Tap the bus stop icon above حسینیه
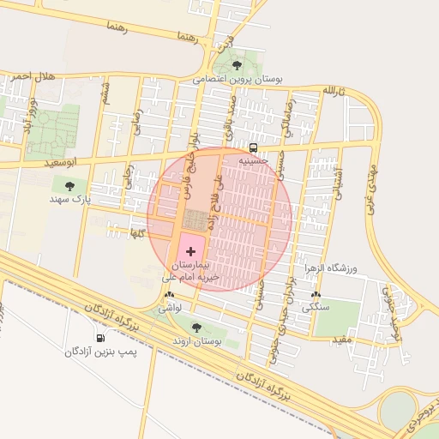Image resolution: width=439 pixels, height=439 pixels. (x=252, y=147)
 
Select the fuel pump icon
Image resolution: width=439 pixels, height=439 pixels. (x=102, y=337)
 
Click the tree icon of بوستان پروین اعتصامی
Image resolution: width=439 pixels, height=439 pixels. (x=237, y=64)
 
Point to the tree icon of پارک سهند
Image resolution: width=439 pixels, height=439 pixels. (x=69, y=186)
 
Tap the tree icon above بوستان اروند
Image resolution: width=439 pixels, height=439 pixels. (x=197, y=328)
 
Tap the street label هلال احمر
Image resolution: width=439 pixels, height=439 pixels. (x=33, y=77)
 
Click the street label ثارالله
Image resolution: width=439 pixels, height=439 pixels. (x=333, y=91)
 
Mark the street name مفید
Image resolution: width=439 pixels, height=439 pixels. (x=342, y=340)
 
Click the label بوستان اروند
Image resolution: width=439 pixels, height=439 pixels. (x=197, y=340)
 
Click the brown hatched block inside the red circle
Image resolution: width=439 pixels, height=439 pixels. (x=195, y=220)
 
